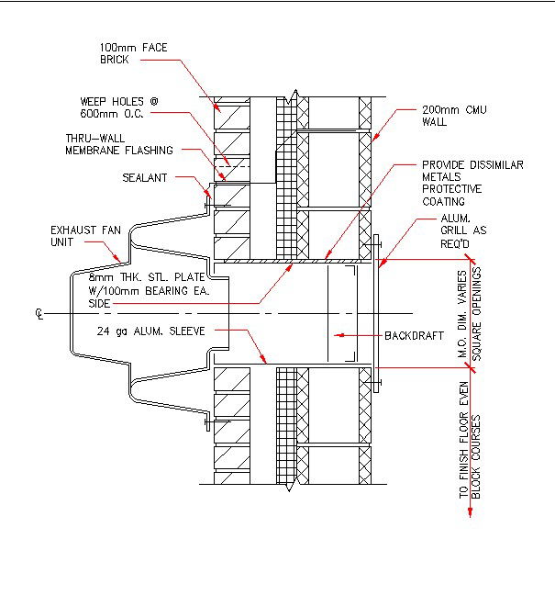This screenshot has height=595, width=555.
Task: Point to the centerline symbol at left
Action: (x=39, y=314)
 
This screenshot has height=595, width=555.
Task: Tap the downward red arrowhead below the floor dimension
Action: (x=470, y=511)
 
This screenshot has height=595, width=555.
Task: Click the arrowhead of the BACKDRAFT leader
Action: (x=336, y=334)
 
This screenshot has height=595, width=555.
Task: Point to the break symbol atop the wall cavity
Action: (x=290, y=95)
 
